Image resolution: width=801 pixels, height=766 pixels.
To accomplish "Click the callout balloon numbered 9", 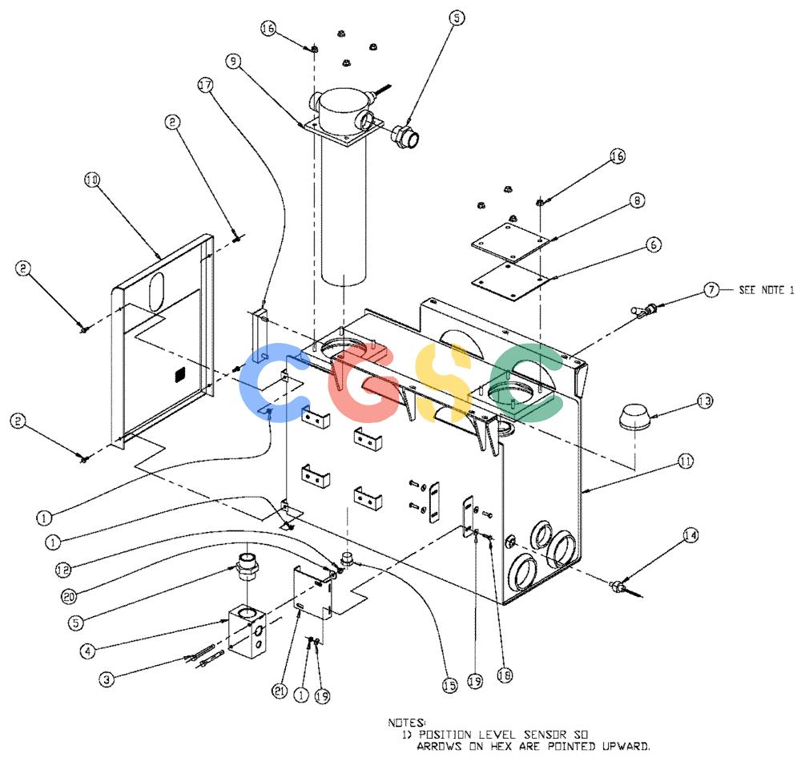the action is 233,62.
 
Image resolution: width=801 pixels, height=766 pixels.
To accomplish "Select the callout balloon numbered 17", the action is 205,85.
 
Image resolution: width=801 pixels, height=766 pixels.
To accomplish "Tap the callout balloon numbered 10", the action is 92,179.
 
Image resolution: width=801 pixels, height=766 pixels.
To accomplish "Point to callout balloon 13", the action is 705,401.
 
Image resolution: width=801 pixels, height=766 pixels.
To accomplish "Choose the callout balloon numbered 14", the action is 690,535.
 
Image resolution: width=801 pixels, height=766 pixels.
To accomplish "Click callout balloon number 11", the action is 686,462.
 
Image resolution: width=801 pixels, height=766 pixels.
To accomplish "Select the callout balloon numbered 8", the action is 637,200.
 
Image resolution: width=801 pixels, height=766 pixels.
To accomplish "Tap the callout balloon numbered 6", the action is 654,244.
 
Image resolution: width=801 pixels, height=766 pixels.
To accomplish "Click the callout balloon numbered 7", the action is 711,290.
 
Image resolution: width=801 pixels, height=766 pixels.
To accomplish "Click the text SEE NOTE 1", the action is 767,290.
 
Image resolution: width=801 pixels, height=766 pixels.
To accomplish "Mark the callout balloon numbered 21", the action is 280,691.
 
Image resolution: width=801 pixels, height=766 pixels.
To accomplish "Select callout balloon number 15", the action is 449,685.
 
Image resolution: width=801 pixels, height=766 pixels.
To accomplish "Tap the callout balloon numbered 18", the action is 505,675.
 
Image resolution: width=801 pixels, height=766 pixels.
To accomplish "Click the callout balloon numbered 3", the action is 107,679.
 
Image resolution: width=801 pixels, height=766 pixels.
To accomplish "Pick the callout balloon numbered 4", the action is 88,651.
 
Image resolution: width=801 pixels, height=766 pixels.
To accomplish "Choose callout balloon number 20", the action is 69,596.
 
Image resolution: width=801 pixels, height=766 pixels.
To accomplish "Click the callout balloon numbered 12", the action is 63,570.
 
